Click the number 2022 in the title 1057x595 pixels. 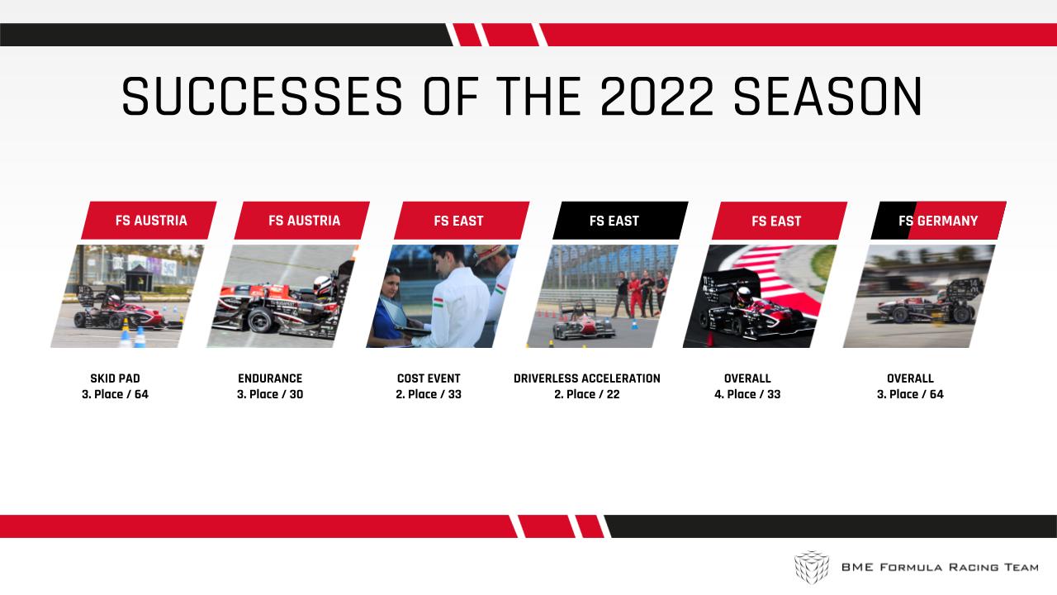pos(656,97)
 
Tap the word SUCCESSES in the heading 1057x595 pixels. pos(263,97)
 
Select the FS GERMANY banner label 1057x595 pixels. pos(938,221)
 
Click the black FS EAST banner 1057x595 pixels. pos(620,221)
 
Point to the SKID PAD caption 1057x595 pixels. pos(115,378)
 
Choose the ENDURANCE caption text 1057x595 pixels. pos(270,378)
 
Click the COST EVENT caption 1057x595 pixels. pos(429,378)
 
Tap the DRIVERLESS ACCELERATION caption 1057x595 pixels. pos(587,378)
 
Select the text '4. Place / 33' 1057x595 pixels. pos(747,394)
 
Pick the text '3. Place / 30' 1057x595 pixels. pos(270,394)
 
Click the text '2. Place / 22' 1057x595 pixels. pos(587,394)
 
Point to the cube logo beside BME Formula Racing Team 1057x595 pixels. pos(812,567)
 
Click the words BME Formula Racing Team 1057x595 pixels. pos(940,567)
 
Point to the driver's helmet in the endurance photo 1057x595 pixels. pos(323,285)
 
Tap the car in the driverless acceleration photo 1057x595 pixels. pos(583,321)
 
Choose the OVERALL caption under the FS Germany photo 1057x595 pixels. pos(910,378)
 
